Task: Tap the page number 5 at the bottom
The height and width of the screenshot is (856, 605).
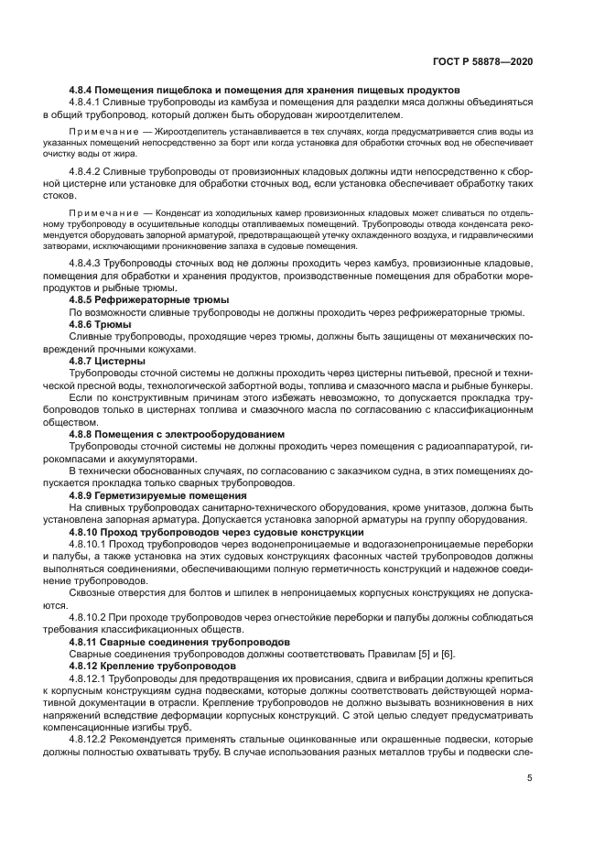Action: [530, 778]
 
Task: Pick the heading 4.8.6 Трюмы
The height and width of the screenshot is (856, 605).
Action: [101, 324]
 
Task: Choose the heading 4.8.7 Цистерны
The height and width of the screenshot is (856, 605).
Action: [107, 361]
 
